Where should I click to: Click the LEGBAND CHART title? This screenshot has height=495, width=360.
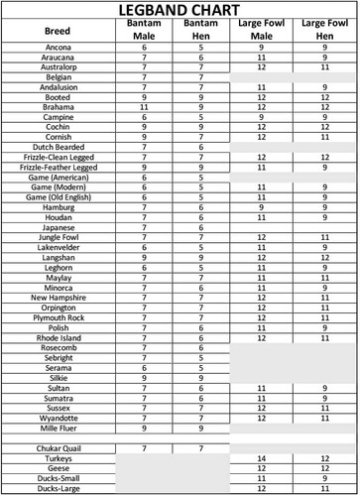click(x=180, y=9)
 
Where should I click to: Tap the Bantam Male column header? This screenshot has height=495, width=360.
click(x=144, y=31)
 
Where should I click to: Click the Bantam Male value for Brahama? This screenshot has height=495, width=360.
click(x=144, y=107)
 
